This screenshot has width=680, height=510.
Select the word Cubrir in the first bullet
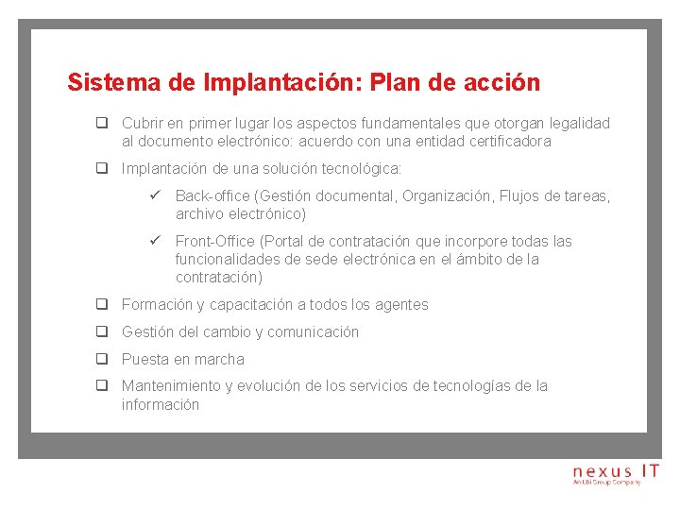point(142,124)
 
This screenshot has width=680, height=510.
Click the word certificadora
point(506,142)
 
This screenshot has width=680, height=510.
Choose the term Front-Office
point(216,242)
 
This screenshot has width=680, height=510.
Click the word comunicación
point(314,332)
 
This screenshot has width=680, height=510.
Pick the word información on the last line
point(161,404)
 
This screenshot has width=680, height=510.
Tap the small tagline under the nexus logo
point(606,483)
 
